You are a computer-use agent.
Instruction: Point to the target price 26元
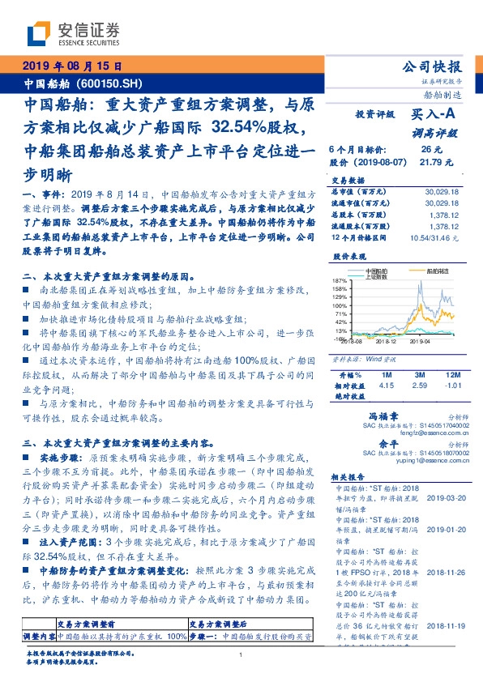[430, 149]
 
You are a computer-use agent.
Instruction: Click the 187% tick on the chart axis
[340, 280]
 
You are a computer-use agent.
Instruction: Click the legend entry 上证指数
[378, 275]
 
